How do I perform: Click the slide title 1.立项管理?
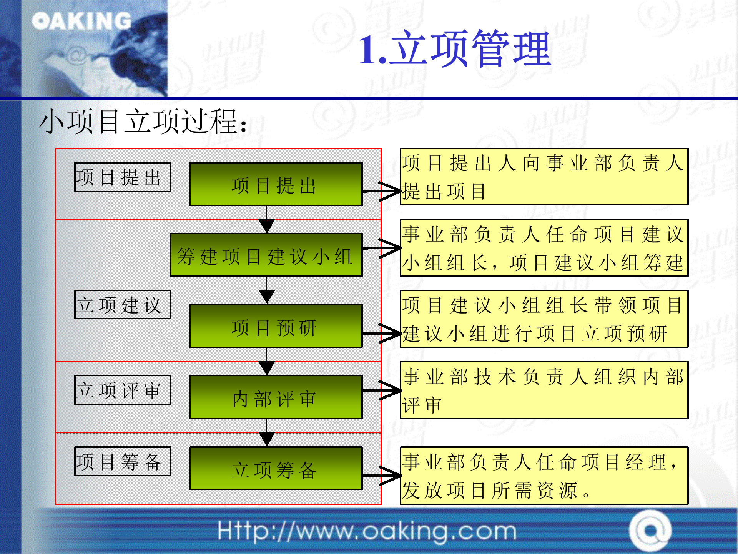(x=455, y=49)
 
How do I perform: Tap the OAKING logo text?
(x=82, y=21)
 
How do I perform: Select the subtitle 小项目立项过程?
(x=143, y=122)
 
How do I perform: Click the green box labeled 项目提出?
(x=276, y=184)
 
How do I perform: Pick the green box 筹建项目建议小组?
(x=266, y=255)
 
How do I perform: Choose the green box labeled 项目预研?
(x=276, y=326)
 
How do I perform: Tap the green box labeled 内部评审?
(x=276, y=397)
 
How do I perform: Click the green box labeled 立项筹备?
(x=276, y=469)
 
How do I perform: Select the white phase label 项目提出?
(x=123, y=177)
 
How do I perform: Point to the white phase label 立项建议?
(x=123, y=305)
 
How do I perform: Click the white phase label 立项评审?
(x=123, y=390)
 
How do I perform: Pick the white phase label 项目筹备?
(x=123, y=461)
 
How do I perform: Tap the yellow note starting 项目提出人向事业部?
(x=544, y=177)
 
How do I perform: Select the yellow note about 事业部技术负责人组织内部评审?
(x=544, y=390)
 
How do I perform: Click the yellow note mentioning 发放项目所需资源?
(x=544, y=476)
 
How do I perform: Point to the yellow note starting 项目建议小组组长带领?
(x=544, y=319)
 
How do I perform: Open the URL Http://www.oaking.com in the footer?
(x=367, y=531)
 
